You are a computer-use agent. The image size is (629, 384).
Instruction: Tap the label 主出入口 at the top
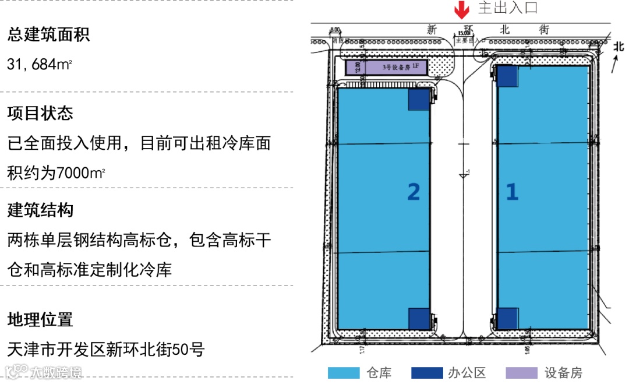[507, 8]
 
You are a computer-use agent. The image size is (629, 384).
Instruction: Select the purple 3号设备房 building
[387, 68]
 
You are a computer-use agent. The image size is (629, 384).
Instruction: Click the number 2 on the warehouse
[414, 192]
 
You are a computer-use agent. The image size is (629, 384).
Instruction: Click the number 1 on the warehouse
[512, 192]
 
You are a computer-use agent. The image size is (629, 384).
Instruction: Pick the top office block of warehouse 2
[419, 99]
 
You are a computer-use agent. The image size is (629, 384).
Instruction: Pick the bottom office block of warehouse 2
[419, 318]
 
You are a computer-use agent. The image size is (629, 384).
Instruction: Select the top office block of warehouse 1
[507, 76]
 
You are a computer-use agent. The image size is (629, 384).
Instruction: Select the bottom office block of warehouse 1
[507, 318]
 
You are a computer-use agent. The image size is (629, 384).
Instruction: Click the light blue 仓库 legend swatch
[344, 373]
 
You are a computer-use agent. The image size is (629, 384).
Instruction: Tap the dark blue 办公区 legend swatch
[427, 373]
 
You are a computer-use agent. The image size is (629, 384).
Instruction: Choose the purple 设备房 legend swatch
[521, 373]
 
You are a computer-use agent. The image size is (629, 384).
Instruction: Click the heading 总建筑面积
[48, 35]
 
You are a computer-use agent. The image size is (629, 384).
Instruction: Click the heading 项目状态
[40, 113]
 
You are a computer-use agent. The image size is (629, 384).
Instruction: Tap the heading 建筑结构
[40, 210]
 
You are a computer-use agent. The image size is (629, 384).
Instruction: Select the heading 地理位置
[40, 319]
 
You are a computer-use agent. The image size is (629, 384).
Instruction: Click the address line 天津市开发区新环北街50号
[106, 350]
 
